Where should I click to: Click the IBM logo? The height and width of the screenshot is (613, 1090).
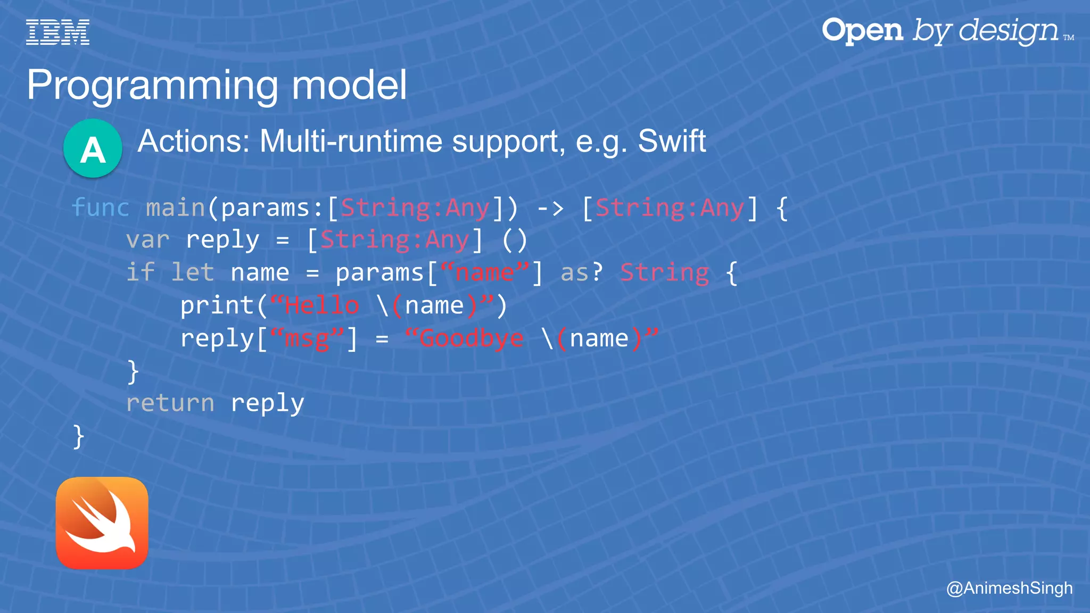click(x=57, y=32)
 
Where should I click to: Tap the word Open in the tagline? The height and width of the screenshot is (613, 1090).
click(x=862, y=30)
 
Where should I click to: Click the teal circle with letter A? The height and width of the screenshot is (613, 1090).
click(x=93, y=148)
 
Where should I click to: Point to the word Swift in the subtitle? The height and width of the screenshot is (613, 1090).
click(x=672, y=142)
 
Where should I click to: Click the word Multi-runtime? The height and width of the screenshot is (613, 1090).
click(x=351, y=142)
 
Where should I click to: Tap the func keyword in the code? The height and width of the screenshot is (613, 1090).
click(x=101, y=208)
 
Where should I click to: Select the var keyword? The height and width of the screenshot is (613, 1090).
click(x=147, y=240)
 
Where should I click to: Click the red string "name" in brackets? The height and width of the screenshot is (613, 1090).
click(x=484, y=273)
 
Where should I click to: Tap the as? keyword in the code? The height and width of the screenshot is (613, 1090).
click(x=581, y=273)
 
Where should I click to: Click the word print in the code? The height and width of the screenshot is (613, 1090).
click(x=217, y=306)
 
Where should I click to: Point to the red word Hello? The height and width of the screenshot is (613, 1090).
click(x=321, y=306)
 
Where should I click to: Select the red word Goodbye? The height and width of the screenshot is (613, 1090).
click(x=471, y=338)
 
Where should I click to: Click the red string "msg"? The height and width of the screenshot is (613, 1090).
click(x=307, y=338)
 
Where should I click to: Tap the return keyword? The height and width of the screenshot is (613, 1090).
click(x=170, y=403)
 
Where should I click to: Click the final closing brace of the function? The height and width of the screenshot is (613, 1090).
click(x=79, y=436)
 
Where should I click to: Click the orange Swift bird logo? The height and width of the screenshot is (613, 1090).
click(x=102, y=523)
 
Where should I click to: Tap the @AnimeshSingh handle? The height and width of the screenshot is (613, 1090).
click(x=1009, y=588)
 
